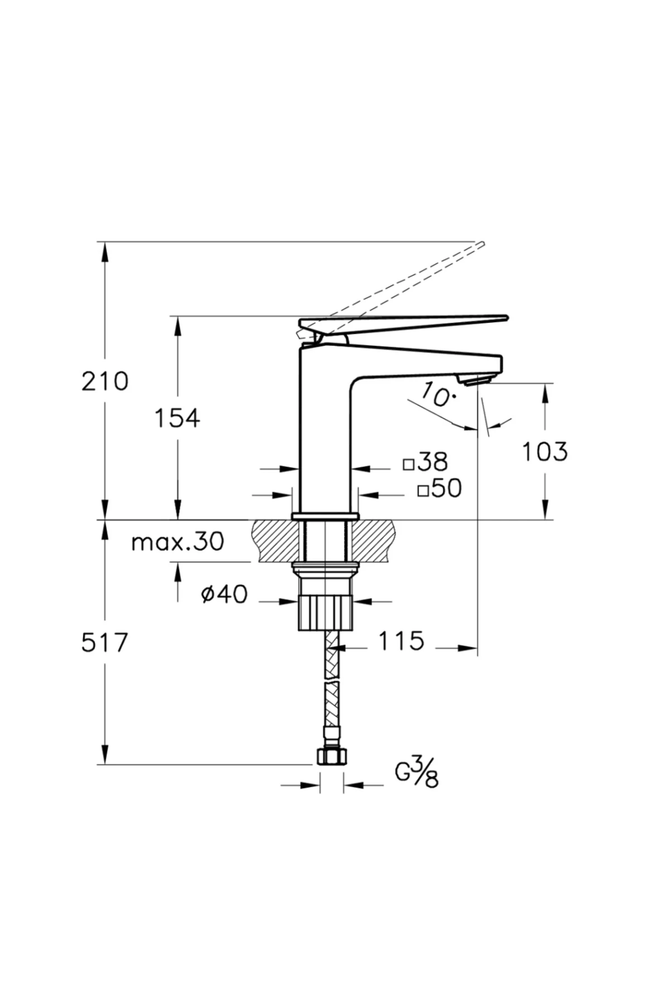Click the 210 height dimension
[x=105, y=382]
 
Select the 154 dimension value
[x=177, y=418]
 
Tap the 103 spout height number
[x=544, y=451]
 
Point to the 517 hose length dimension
[x=105, y=643]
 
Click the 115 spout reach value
[x=401, y=641]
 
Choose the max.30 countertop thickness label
[x=178, y=541]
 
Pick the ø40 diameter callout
[x=224, y=595]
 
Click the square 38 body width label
[x=426, y=462]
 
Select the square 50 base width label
[x=440, y=489]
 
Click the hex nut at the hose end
[x=332, y=756]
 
